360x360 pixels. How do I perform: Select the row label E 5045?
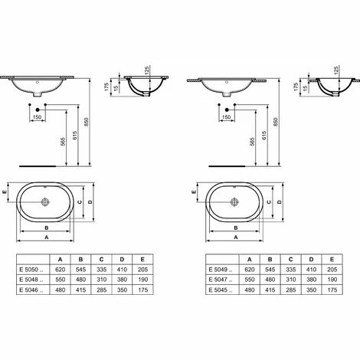220,293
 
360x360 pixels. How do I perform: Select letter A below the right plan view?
235,238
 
